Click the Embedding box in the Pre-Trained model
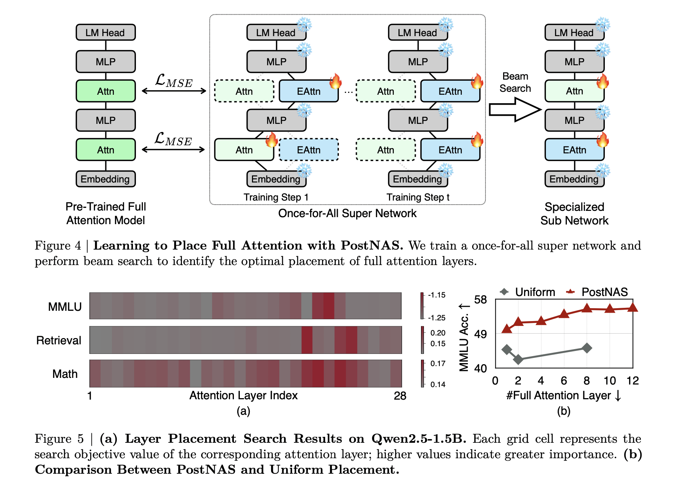(105, 179)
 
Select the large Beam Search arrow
(515, 109)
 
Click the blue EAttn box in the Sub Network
(574, 150)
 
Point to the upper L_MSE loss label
(174, 81)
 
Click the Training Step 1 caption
(276, 197)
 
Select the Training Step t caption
(418, 197)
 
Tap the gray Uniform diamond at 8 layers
(587, 348)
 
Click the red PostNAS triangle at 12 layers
(632, 307)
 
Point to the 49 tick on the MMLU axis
(480, 334)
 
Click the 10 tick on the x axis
(609, 380)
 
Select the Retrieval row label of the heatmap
(59, 340)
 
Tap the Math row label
(65, 374)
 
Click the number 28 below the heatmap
(400, 396)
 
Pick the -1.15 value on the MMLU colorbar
(436, 295)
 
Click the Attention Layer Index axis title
(243, 395)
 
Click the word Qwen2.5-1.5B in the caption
(418, 439)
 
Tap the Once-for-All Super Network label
(347, 213)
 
